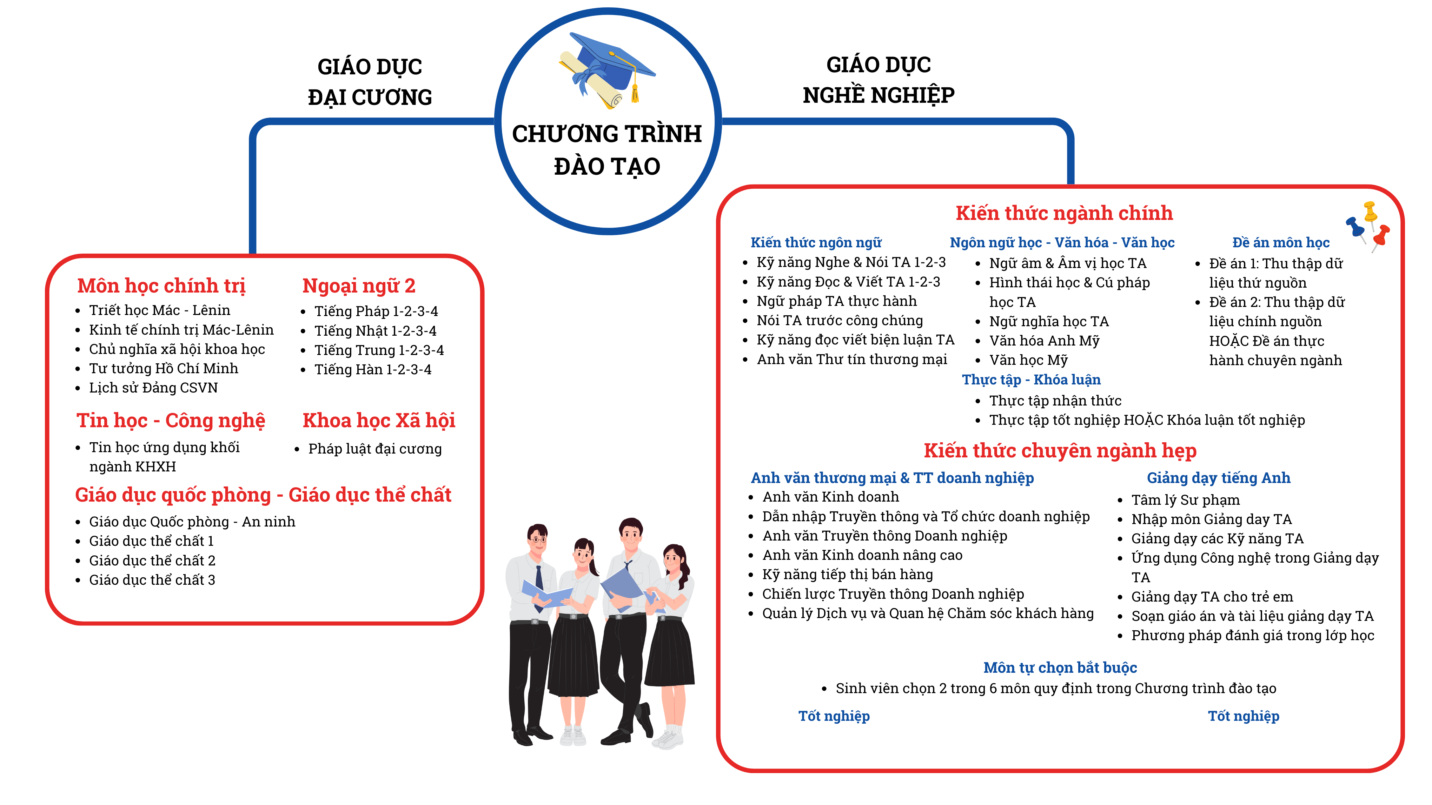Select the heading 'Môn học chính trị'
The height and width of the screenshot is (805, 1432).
click(x=161, y=286)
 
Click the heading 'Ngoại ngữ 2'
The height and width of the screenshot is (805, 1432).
click(x=359, y=286)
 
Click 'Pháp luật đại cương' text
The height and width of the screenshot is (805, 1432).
click(x=375, y=449)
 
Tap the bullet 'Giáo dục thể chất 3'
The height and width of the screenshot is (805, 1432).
click(x=152, y=580)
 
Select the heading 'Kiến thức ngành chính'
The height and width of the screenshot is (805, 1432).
click(x=1064, y=213)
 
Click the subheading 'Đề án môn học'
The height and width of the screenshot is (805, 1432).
click(x=1281, y=243)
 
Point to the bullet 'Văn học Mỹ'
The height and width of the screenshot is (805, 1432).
click(x=1028, y=360)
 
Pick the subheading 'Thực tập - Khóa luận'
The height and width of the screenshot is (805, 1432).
click(x=1031, y=380)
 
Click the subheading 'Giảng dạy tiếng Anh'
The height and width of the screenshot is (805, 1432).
click(x=1219, y=478)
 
